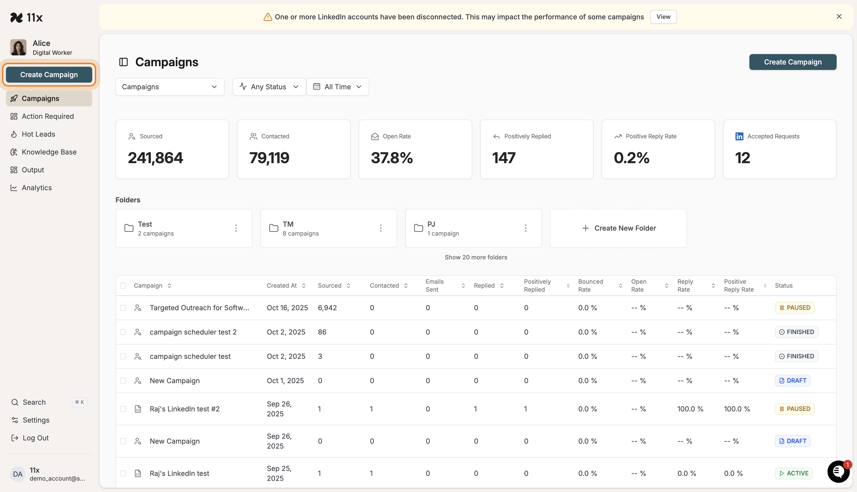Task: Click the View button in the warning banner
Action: [x=663, y=17]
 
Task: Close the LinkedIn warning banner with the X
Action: [x=839, y=17]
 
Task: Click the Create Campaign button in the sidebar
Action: [x=49, y=75]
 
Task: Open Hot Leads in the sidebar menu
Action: [x=38, y=134]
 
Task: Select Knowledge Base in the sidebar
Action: [x=49, y=152]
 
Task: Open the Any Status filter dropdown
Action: [x=269, y=87]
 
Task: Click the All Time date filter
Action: [x=337, y=87]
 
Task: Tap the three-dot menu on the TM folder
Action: [x=381, y=228]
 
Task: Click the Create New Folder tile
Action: [x=618, y=228]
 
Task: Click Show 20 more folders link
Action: [x=476, y=257]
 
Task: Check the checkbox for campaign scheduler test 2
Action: [x=123, y=332]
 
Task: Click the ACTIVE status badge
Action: [x=794, y=473]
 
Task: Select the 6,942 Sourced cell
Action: [x=327, y=308]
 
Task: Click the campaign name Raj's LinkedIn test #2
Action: [x=184, y=409]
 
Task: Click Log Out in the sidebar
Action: [x=35, y=438]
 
